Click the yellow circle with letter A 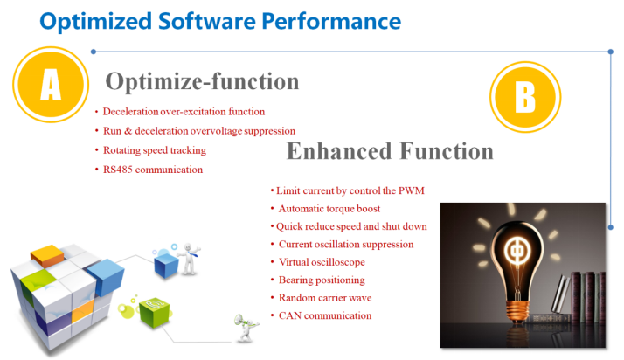51,85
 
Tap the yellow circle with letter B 525,97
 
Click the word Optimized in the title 95,22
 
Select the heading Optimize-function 202,81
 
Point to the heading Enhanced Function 390,151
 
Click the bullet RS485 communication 153,170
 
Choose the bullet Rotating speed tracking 155,150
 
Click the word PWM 412,191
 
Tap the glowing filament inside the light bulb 517,251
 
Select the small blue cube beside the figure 166,265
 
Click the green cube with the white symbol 154,312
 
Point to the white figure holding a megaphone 246,328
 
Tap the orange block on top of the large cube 47,255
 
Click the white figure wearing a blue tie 190,259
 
